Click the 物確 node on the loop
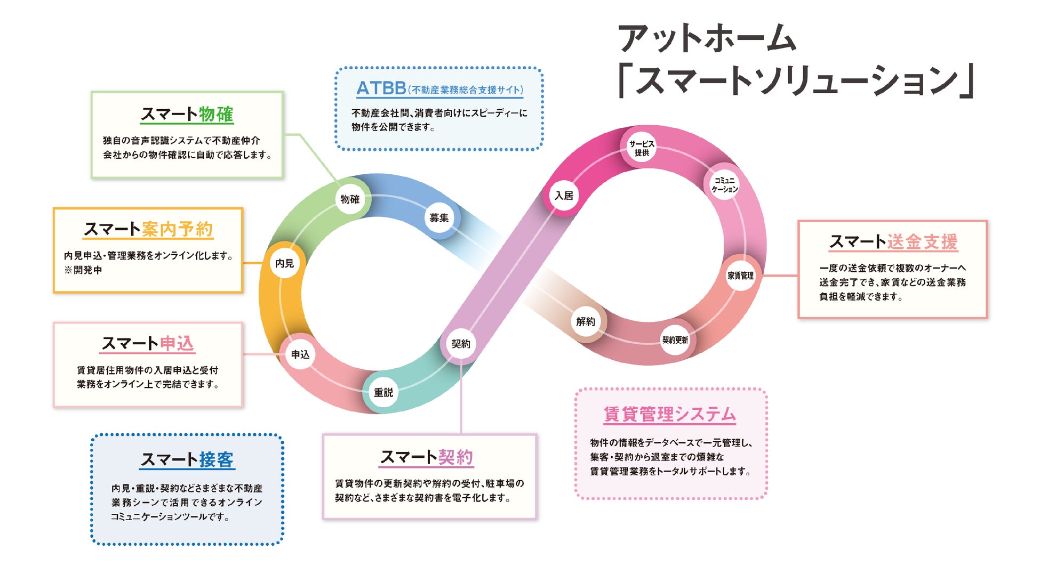click(x=350, y=199)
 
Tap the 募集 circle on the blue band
click(x=439, y=217)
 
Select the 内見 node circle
click(x=285, y=263)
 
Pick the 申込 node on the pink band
click(x=300, y=354)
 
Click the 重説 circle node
click(x=383, y=392)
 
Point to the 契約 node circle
click(x=461, y=344)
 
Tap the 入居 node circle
click(x=564, y=196)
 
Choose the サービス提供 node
click(x=641, y=148)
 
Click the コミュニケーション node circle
click(x=724, y=184)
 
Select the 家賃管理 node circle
click(x=741, y=276)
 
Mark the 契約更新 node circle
click(x=675, y=339)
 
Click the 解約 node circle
click(x=585, y=321)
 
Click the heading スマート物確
click(x=187, y=114)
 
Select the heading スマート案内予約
click(x=148, y=229)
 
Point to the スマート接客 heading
click(x=187, y=459)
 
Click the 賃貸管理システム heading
click(x=669, y=414)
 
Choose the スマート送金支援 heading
click(x=893, y=241)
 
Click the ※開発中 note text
click(x=83, y=270)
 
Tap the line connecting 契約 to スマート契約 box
click(x=461, y=400)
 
